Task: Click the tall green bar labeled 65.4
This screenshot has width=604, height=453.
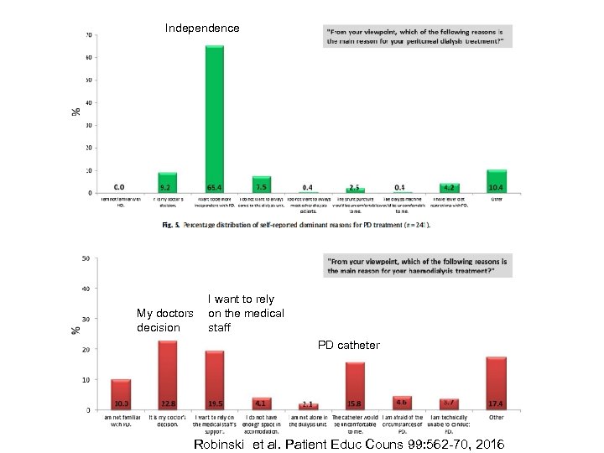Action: [x=214, y=117]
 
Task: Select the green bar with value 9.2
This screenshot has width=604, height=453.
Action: [x=167, y=182]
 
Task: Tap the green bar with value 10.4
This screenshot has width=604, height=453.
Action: [x=497, y=180]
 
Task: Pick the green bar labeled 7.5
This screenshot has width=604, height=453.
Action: [x=261, y=184]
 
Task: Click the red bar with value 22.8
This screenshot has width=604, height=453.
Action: [x=168, y=374]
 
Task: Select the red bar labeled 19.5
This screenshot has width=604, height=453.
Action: [x=215, y=379]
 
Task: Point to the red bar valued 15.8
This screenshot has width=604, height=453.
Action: [x=355, y=385]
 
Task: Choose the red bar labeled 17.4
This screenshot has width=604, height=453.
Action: [x=497, y=383]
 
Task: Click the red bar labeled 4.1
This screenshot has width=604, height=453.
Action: [x=262, y=404]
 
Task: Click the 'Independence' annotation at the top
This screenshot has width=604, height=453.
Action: [x=202, y=29]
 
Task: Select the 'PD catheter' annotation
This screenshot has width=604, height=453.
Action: [x=348, y=345]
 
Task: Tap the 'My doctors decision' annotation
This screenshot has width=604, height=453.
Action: [x=165, y=320]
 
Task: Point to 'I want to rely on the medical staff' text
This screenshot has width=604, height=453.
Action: [x=246, y=313]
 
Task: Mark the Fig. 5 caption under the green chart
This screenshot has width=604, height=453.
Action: [x=302, y=226]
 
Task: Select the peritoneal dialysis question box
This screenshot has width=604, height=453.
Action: [x=417, y=36]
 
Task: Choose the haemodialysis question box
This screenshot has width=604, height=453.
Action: [x=417, y=265]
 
